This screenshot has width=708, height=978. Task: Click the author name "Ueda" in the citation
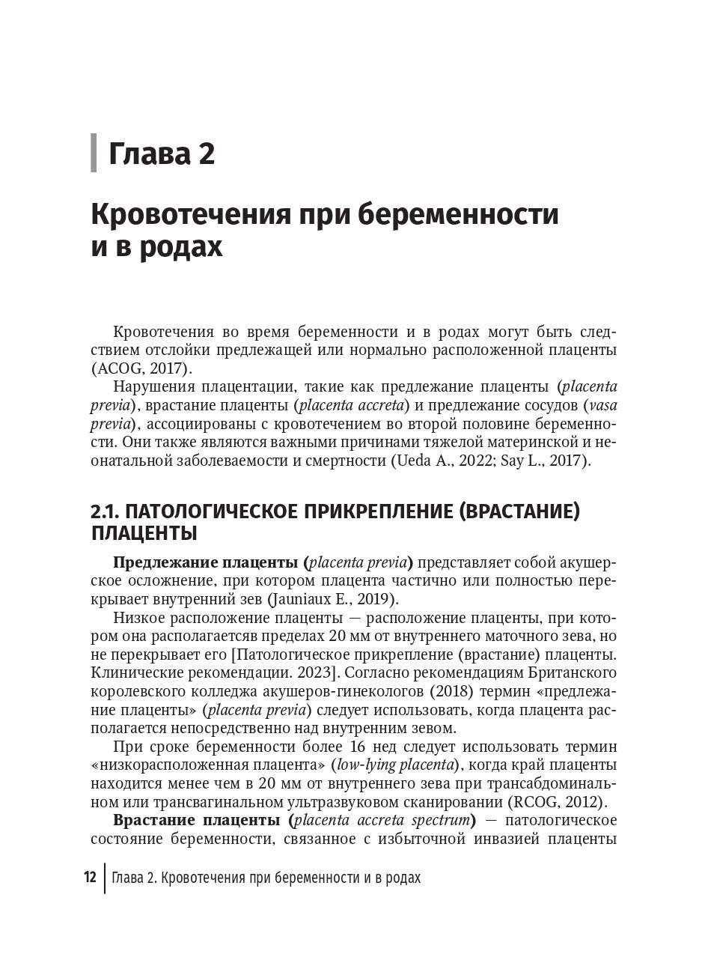pyautogui.click(x=412, y=460)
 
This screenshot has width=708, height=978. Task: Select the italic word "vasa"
pyautogui.click(x=603, y=405)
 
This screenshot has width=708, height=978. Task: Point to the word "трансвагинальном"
pyautogui.click(x=191, y=801)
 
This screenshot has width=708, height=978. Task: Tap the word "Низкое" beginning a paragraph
pyautogui.click(x=137, y=617)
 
